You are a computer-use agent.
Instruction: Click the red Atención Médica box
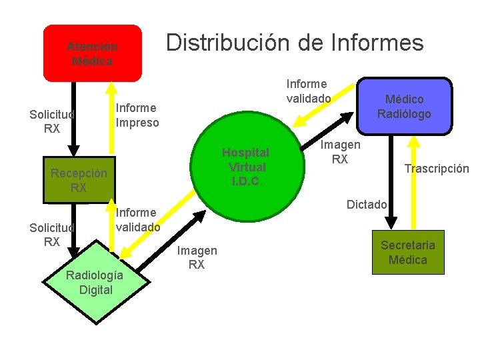tap(92, 53)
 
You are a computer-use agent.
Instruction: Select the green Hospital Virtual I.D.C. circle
tap(245, 167)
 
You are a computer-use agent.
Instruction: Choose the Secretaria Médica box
tap(407, 252)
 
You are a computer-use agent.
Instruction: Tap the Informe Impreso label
tap(137, 115)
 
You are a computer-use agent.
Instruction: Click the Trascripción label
tap(437, 169)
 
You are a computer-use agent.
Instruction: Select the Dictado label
tap(366, 204)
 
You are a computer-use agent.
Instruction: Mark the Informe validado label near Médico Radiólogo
tap(308, 91)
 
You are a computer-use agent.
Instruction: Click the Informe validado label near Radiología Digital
tap(137, 219)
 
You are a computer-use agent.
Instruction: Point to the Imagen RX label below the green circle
tap(197, 257)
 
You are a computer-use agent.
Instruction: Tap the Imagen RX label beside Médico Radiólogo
tap(340, 152)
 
